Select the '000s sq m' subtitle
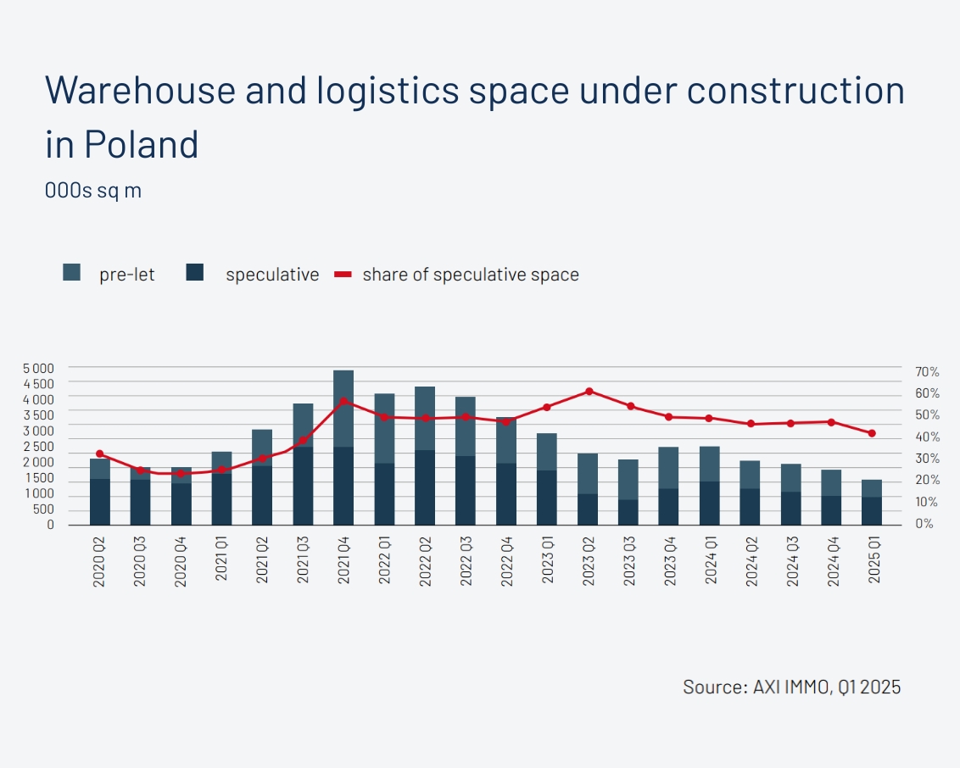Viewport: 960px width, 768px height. (93, 191)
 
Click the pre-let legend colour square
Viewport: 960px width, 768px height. (72, 273)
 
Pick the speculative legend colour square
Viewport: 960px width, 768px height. (195, 273)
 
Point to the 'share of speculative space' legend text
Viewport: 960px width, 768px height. (471, 275)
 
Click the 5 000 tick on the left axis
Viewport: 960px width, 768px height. (38, 368)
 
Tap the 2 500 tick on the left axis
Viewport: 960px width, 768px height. (38, 447)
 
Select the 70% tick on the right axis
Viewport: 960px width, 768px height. (927, 372)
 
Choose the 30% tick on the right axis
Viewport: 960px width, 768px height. (927, 459)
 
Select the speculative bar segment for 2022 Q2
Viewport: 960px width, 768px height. (425, 487)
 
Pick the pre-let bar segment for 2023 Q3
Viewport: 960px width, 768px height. (628, 480)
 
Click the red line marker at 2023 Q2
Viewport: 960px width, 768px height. (589, 392)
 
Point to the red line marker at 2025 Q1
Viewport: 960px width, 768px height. (872, 433)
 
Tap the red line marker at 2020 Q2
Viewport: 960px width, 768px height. (100, 454)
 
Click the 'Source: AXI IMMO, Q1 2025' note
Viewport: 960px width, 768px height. (791, 687)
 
